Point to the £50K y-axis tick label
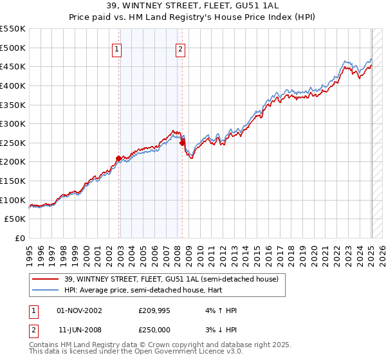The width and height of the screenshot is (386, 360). click(x=15, y=219)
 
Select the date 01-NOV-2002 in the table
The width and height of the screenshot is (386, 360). click(x=80, y=310)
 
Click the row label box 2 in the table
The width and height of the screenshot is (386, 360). click(x=34, y=330)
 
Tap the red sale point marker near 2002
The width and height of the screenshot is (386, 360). click(x=118, y=157)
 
